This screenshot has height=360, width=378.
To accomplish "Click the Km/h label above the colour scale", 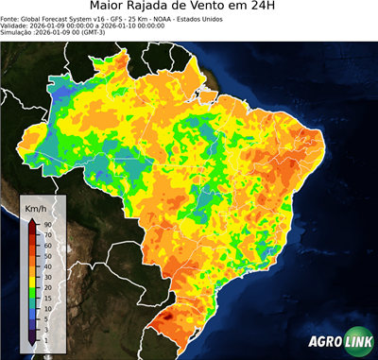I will coord(34,207).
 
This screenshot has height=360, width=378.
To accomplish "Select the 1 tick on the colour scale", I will coord(46,338).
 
